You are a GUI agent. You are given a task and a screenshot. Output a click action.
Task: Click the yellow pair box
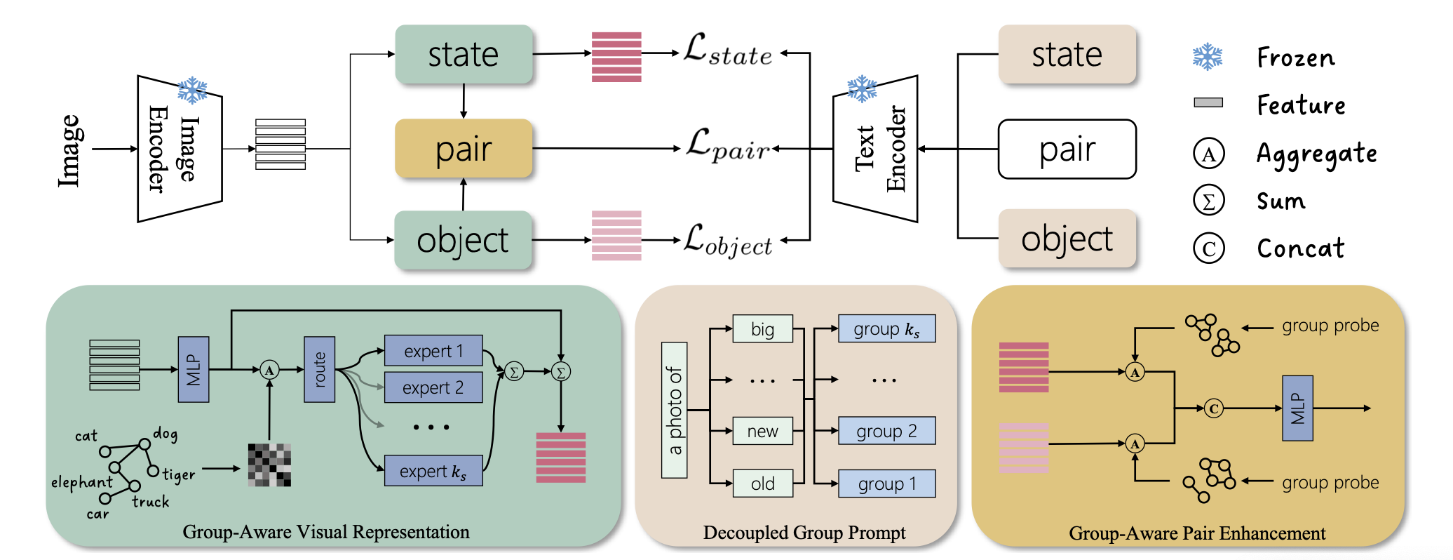(x=464, y=148)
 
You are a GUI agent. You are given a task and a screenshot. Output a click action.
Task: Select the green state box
(x=464, y=55)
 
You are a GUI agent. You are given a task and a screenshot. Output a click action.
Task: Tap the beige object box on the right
(x=1067, y=239)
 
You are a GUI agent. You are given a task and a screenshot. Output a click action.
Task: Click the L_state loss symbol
(x=727, y=51)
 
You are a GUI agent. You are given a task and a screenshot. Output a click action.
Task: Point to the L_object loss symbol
(x=727, y=241)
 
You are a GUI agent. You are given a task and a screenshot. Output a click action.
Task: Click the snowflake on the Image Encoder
(x=192, y=91)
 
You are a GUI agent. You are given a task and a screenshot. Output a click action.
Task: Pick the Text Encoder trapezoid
(x=876, y=149)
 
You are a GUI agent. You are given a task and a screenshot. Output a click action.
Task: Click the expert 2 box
(x=433, y=387)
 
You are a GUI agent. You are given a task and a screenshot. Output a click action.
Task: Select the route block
(x=319, y=369)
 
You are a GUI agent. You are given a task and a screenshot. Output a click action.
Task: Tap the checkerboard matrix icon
(x=269, y=465)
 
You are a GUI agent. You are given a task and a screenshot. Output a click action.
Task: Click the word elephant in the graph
(x=81, y=482)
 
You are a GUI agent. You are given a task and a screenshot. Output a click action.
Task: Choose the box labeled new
(x=762, y=431)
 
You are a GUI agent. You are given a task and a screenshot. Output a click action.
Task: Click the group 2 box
(x=886, y=431)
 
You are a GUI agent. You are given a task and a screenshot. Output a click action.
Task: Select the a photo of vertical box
(x=674, y=410)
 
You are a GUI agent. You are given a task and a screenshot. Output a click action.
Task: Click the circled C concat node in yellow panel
(x=1214, y=408)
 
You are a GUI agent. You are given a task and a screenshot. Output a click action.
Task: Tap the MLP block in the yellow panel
(x=1297, y=408)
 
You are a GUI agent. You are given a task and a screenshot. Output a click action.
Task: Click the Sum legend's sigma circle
(x=1208, y=201)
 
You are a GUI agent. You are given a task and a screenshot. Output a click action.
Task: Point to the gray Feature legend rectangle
(x=1208, y=102)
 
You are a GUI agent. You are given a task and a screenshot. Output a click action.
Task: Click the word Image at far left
(x=69, y=150)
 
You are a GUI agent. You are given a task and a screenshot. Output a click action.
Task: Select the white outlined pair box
(x=1067, y=149)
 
